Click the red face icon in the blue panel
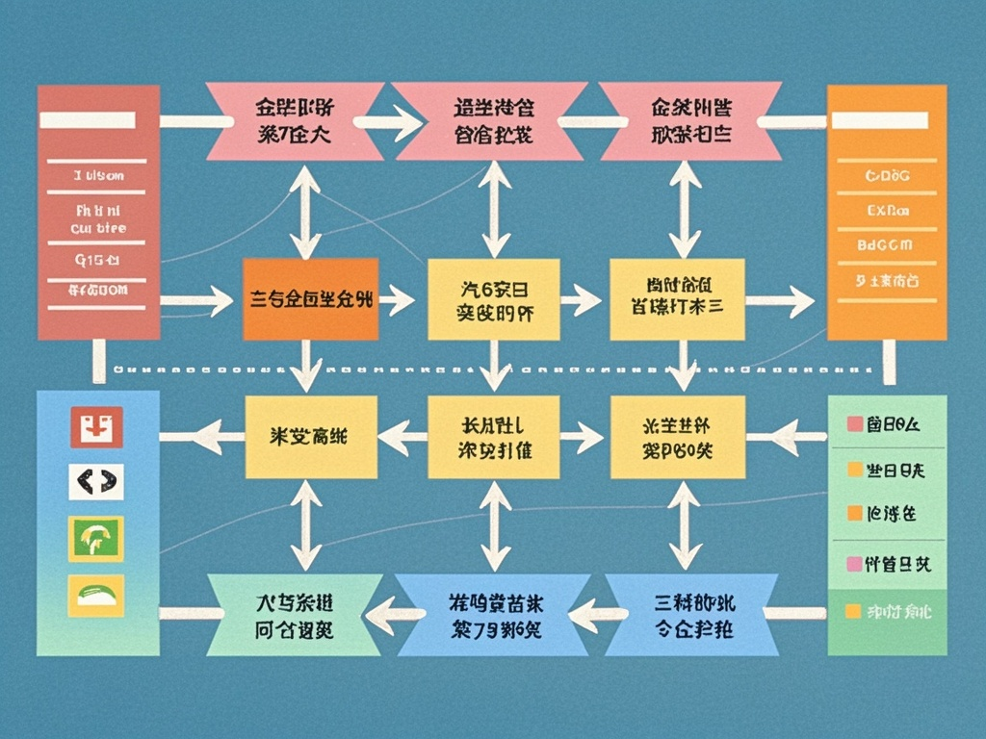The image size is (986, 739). point(96,426)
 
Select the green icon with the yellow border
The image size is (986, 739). point(96,538)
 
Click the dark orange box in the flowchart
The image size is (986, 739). point(310,299)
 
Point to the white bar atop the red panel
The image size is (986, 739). point(87,120)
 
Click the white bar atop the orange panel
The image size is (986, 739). point(879,121)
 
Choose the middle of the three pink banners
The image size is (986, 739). point(491,120)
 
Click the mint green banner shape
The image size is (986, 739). point(294,615)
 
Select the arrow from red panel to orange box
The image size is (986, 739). point(197,301)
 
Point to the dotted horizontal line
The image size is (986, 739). point(491,369)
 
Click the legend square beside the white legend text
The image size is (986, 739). point(851,611)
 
